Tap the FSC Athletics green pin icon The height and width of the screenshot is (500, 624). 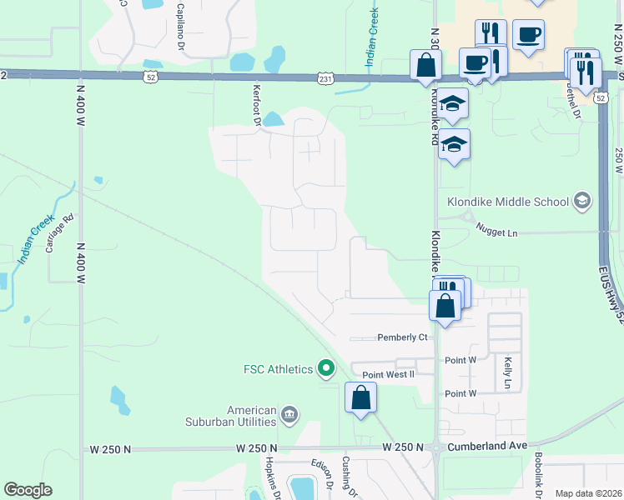pyautogui.click(x=327, y=367)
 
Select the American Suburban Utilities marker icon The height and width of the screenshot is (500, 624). pyautogui.click(x=289, y=414)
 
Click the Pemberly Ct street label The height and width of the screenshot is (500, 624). pyautogui.click(x=401, y=337)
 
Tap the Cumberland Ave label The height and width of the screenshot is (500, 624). pyautogui.click(x=487, y=447)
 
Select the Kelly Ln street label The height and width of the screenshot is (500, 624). pyautogui.click(x=507, y=372)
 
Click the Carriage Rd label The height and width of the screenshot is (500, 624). pyautogui.click(x=59, y=233)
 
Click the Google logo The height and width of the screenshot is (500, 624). pyautogui.click(x=28, y=490)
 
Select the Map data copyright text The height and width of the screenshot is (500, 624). pyautogui.click(x=588, y=493)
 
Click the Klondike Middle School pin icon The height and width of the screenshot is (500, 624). pyautogui.click(x=581, y=201)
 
